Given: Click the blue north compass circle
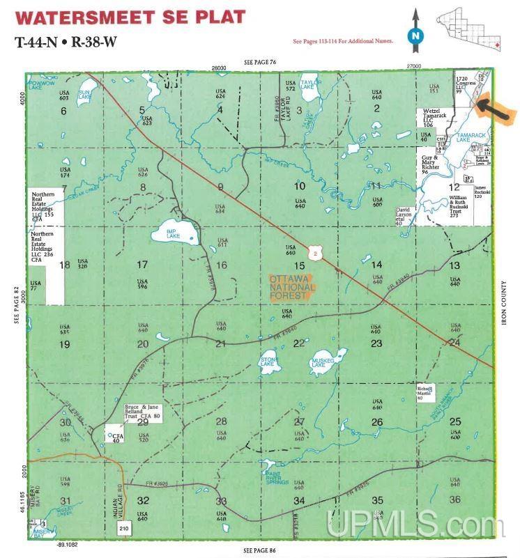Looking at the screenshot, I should coord(415,34).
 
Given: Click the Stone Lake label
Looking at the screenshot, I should coord(268,362).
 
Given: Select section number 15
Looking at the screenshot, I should coord(299,266).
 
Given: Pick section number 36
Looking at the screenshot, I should coord(455,499).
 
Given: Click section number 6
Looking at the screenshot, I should coord(63,111).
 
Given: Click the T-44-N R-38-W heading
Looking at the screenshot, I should coord(66,40).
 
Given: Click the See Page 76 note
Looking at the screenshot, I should coord(260,63).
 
